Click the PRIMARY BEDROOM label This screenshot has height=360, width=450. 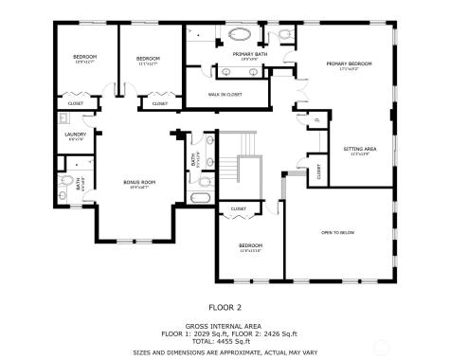tap(350, 63)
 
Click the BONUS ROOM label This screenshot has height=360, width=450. tap(139, 182)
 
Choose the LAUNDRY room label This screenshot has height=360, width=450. tap(75, 135)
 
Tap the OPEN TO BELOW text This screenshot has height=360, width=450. tap(337, 232)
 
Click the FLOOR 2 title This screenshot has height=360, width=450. tap(225, 306)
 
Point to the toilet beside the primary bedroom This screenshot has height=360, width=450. tap(284, 36)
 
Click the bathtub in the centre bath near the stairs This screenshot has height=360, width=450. tap(201, 198)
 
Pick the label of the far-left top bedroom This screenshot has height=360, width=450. tap(85, 58)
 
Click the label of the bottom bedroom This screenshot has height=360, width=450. tap(250, 246)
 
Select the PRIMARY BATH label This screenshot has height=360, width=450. tap(250, 54)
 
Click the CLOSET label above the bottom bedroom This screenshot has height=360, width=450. tap(239, 208)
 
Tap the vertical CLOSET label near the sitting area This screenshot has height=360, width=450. tap(319, 171)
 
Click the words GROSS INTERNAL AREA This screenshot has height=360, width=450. tap(225, 325)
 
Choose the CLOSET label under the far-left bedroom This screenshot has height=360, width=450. tap(76, 103)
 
